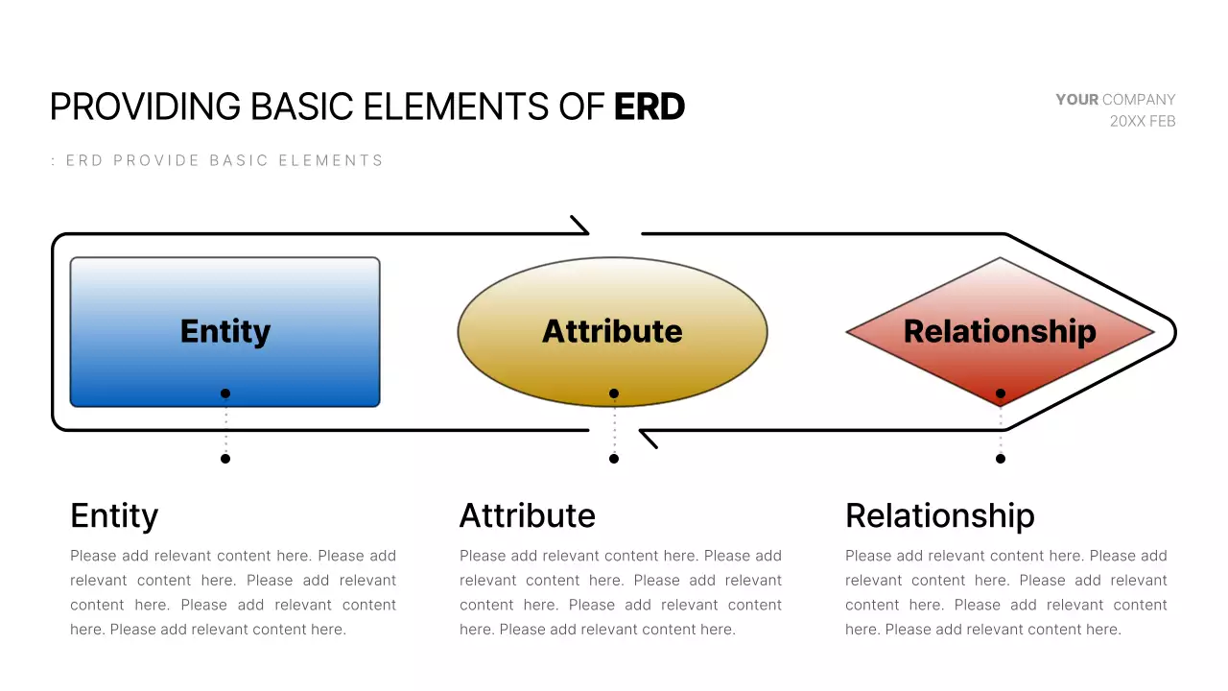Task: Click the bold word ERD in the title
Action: click(649, 107)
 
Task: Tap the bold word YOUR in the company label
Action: click(1076, 100)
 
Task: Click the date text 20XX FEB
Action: click(1142, 122)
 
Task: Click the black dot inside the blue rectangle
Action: click(225, 393)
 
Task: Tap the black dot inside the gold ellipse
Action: click(614, 393)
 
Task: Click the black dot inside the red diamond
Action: click(1001, 393)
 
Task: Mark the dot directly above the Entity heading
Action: click(225, 459)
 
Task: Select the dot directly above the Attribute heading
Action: click(614, 459)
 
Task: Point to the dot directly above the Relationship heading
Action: click(1001, 459)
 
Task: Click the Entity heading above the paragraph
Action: click(114, 516)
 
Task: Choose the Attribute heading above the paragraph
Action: click(527, 516)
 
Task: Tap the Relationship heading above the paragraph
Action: click(939, 516)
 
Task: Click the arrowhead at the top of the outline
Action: click(580, 226)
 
